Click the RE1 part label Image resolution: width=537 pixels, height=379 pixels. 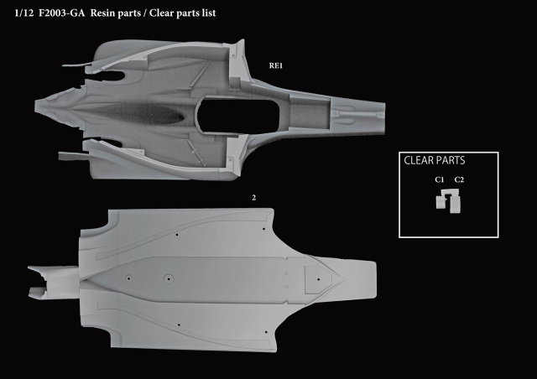pyautogui.click(x=276, y=65)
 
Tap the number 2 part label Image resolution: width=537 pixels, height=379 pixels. pyautogui.click(x=253, y=198)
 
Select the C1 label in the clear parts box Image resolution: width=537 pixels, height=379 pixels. pyautogui.click(x=440, y=179)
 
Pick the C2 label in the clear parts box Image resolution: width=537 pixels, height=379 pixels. pyautogui.click(x=459, y=179)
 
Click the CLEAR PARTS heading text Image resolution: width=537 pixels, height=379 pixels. pyautogui.click(x=435, y=160)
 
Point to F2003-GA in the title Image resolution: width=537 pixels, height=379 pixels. pyautogui.click(x=61, y=13)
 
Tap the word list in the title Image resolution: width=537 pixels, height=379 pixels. pyautogui.click(x=209, y=13)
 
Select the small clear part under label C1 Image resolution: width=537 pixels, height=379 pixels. pyautogui.click(x=441, y=202)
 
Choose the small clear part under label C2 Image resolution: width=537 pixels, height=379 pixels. pyautogui.click(x=455, y=204)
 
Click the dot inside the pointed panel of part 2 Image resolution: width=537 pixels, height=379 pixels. pyautogui.click(x=319, y=279)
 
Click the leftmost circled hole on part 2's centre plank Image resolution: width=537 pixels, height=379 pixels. pyautogui.click(x=128, y=278)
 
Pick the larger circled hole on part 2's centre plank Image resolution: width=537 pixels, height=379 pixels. pyautogui.click(x=168, y=278)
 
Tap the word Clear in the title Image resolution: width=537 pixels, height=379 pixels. pyautogui.click(x=161, y=13)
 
